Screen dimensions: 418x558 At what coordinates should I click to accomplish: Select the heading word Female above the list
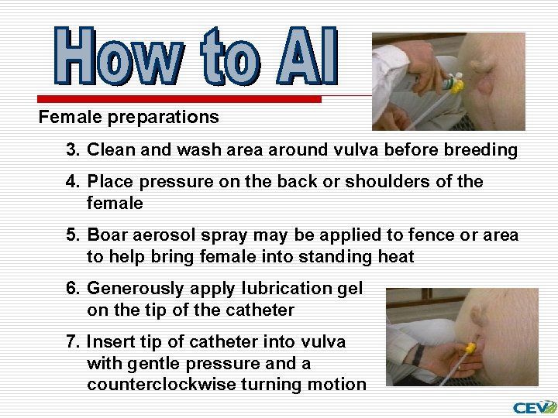pyautogui.click(x=67, y=118)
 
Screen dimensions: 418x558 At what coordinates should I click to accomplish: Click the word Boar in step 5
pyautogui.click(x=107, y=235)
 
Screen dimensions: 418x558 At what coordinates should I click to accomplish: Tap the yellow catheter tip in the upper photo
pyautogui.click(x=457, y=81)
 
